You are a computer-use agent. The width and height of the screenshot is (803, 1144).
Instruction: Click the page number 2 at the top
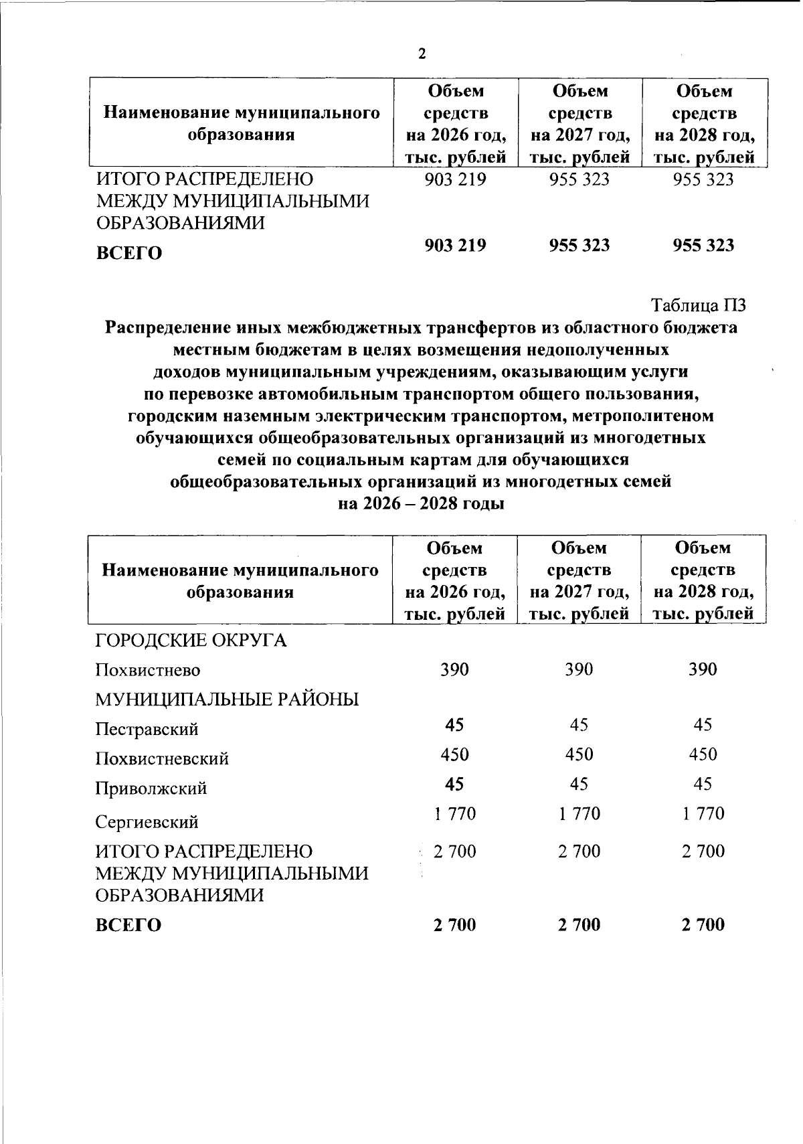(422, 54)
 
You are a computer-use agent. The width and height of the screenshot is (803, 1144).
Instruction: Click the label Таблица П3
(698, 305)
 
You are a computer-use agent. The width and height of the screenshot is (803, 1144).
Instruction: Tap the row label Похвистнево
(147, 670)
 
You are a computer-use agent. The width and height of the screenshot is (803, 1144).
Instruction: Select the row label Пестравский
(147, 729)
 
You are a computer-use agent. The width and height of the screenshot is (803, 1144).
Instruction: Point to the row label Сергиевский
(147, 821)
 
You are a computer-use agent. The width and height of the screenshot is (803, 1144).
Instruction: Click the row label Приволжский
(151, 789)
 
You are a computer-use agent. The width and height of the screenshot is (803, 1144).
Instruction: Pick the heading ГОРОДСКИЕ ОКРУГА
(191, 641)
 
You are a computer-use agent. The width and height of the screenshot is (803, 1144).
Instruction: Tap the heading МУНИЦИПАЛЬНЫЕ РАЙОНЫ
(227, 700)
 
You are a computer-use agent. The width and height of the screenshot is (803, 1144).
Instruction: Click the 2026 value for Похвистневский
(454, 754)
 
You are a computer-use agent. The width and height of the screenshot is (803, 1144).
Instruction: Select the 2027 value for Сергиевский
(579, 813)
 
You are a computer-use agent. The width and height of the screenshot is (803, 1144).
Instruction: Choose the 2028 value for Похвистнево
(703, 669)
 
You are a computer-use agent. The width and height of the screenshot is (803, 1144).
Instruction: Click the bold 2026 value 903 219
(455, 245)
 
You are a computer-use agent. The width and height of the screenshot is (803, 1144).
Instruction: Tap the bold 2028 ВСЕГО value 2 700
(703, 924)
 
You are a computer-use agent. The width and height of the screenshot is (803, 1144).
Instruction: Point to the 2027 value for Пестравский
(579, 725)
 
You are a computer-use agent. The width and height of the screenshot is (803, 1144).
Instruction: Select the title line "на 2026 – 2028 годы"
(421, 503)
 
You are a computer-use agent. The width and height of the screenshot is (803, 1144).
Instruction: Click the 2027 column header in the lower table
(579, 580)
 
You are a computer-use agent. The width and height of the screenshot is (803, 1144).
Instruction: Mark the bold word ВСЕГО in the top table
(129, 254)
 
